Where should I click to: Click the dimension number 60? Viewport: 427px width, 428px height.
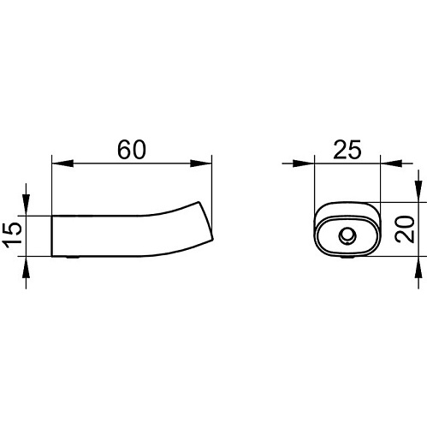[x=132, y=150]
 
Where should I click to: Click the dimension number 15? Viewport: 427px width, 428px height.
[x=12, y=233]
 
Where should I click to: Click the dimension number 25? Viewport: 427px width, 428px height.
[x=347, y=150]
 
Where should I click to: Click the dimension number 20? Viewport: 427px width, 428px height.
[x=406, y=229]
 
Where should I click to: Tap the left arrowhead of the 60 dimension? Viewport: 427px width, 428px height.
[x=62, y=163]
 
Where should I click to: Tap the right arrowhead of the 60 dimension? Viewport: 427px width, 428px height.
[x=201, y=163]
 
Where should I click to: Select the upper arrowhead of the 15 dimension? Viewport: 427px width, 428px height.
[x=26, y=205]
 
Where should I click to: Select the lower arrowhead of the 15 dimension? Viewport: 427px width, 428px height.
[x=26, y=267]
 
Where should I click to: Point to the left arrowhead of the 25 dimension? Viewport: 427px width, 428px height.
[x=304, y=163]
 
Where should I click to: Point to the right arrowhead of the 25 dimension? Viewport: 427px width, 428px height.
[x=391, y=163]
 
